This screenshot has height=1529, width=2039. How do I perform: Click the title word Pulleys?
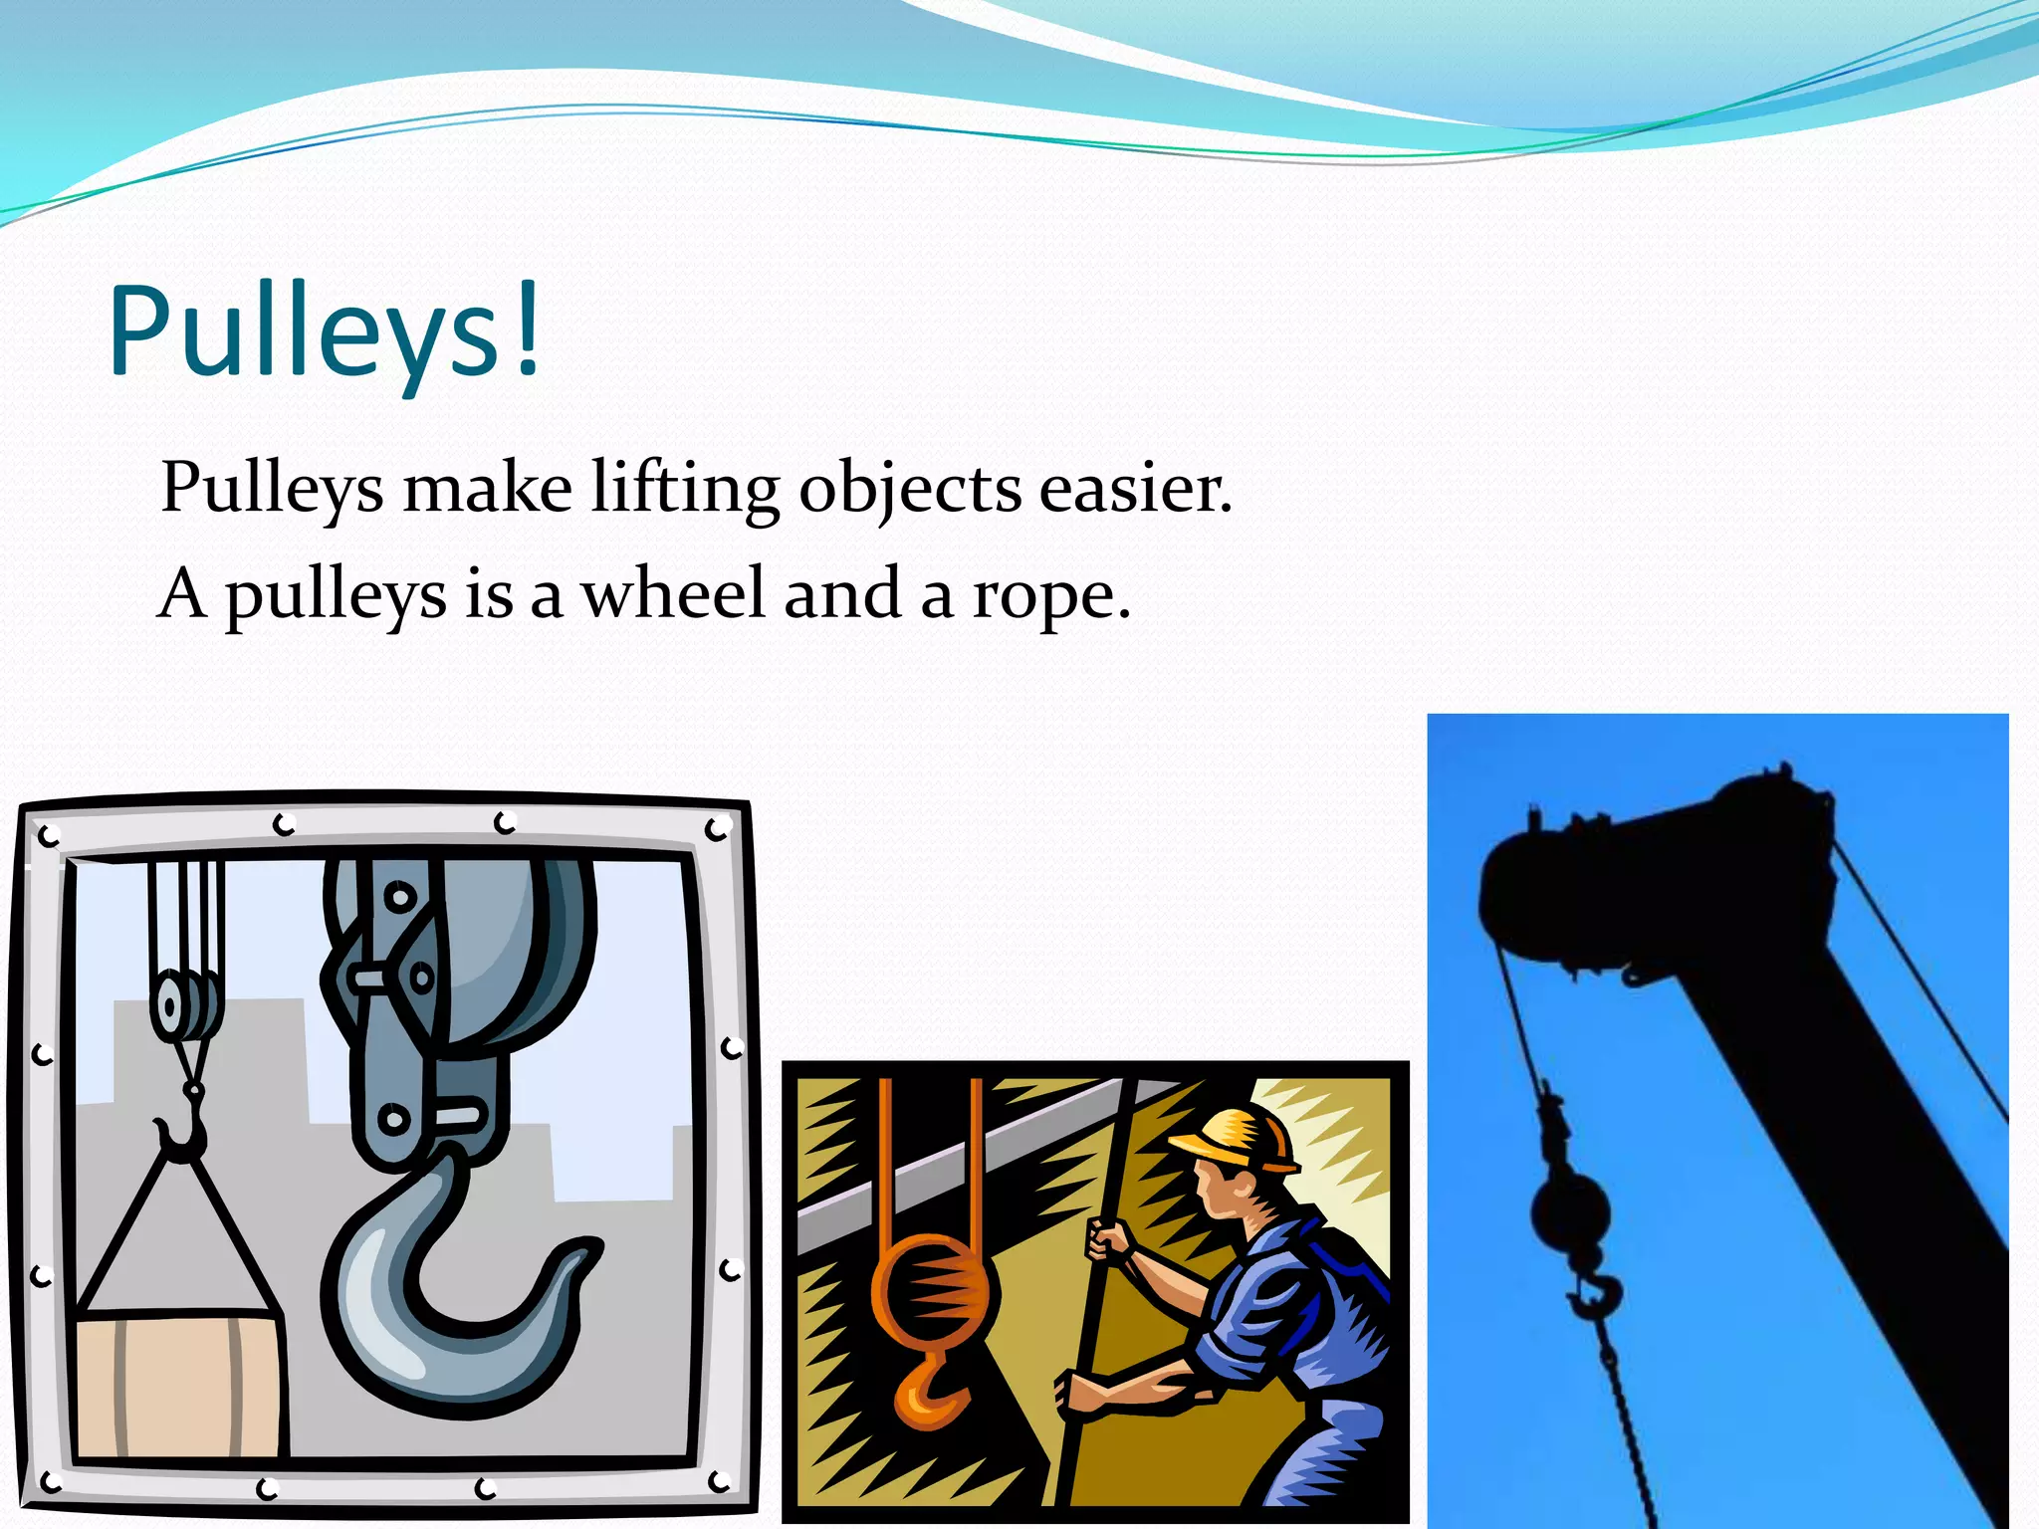point(325,330)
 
